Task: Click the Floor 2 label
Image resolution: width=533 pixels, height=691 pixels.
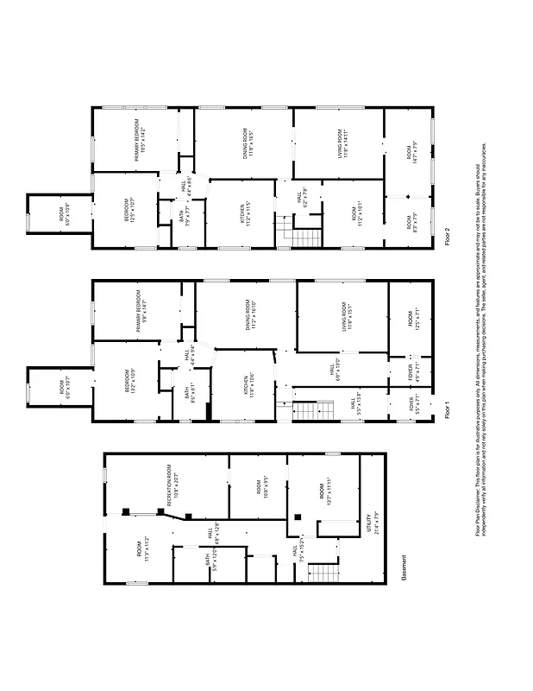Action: coord(446,236)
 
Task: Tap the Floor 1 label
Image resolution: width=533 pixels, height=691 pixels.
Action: coord(446,409)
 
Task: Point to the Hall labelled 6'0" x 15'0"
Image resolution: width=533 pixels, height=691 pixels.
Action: coord(332,371)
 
